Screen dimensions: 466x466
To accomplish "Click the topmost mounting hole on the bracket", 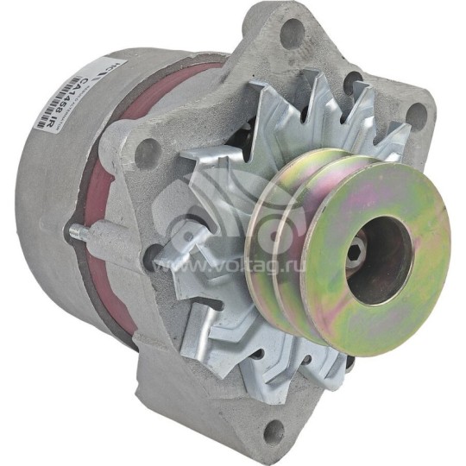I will coord(293,34).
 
